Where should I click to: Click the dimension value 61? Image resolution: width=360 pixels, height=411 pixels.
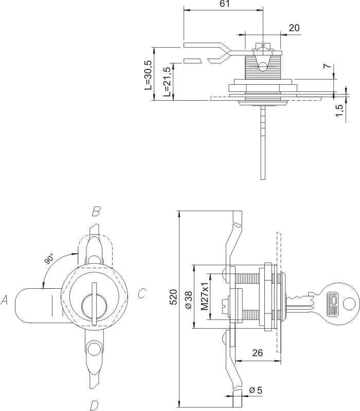225,4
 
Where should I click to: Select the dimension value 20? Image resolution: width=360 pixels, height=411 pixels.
294,28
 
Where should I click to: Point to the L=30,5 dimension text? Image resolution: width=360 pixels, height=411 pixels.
148,74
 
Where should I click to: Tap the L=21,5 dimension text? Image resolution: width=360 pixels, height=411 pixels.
167,82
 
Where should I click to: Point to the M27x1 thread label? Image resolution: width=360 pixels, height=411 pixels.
204,296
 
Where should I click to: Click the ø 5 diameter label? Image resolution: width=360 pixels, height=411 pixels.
255,390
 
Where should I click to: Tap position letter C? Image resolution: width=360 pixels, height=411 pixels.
142,294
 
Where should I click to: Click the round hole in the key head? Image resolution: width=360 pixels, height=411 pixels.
348,305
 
